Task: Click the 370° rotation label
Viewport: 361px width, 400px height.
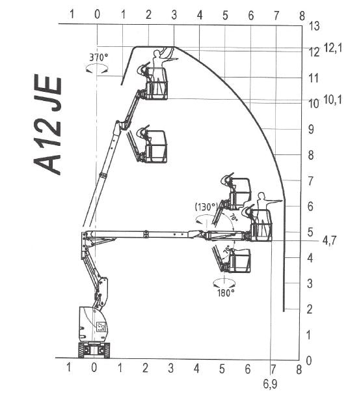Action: [x=98, y=57]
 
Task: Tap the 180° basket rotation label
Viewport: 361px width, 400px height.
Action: [x=226, y=293]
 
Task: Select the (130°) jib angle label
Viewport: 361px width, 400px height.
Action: [x=207, y=207]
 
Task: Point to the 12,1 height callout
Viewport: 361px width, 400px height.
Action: [x=333, y=48]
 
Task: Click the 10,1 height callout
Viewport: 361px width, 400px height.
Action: [x=332, y=100]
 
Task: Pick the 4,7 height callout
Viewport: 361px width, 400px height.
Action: [x=329, y=240]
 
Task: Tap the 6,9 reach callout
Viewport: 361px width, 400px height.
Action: [x=270, y=384]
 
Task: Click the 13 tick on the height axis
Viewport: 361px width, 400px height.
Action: [x=314, y=26]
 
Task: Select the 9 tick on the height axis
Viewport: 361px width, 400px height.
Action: [x=311, y=130]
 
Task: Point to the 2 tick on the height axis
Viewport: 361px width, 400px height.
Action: [x=310, y=309]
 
